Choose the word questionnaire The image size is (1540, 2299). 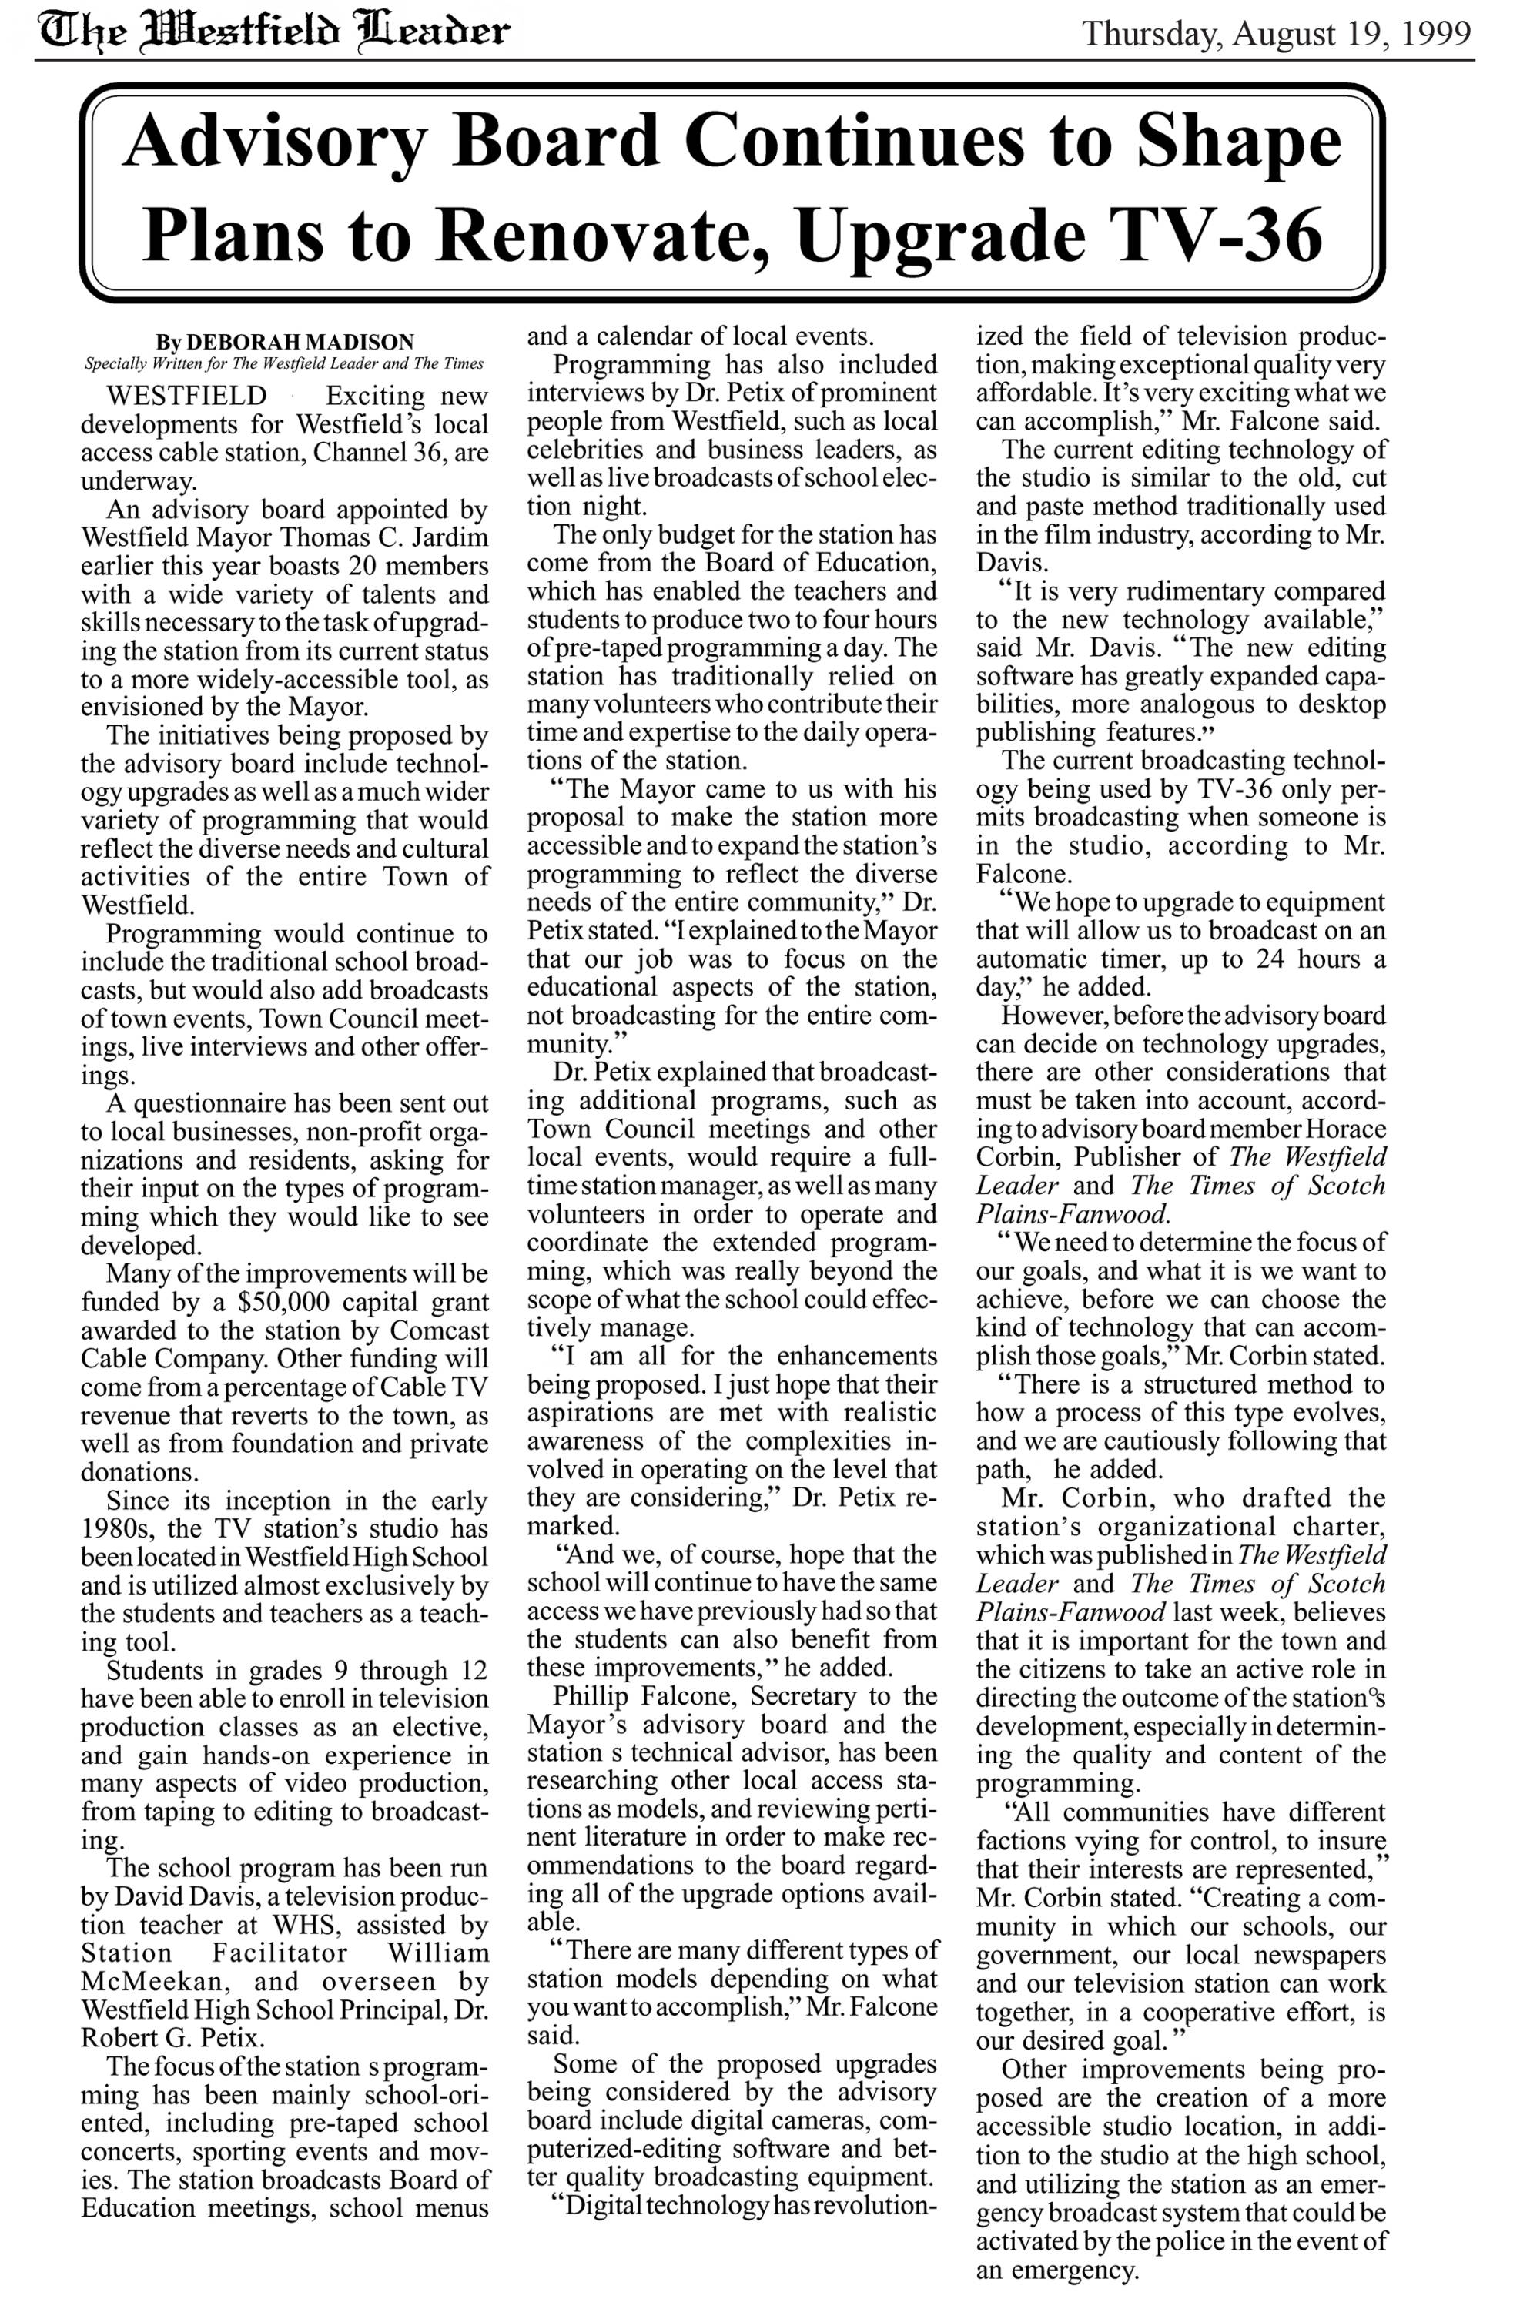click(x=234, y=1104)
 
